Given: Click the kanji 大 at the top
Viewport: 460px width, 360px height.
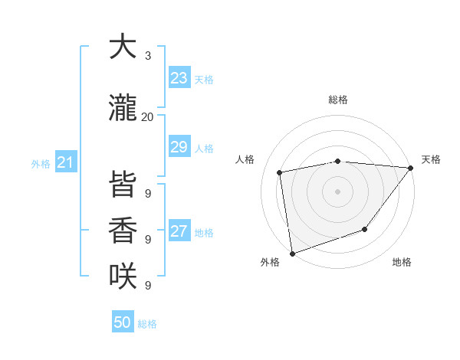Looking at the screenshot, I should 122,47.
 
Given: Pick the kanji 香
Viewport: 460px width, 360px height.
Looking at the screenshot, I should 122,231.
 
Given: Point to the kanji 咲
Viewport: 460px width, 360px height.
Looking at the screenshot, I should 122,276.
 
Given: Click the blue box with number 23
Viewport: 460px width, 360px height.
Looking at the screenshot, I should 179,78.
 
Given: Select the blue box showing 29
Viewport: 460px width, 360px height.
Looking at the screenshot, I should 179,148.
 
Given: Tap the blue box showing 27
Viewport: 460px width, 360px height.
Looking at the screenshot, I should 179,231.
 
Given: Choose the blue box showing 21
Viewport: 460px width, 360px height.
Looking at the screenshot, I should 65,162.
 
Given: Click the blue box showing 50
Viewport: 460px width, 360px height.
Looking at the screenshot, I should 123,322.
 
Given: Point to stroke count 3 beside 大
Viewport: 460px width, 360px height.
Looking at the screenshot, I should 147,56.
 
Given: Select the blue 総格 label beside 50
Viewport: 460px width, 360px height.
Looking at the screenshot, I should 147,324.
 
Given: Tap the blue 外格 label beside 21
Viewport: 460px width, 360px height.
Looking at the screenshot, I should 40,163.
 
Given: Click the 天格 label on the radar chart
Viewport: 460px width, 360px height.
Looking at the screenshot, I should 431,159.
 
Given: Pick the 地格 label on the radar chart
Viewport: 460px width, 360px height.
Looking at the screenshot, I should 402,262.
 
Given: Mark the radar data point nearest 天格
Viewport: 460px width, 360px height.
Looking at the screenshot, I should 411,168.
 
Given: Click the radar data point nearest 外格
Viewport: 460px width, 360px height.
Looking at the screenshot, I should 292,253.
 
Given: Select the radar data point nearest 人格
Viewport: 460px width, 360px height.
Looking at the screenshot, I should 280,172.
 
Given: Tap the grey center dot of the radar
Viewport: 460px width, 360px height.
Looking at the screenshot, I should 337,191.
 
